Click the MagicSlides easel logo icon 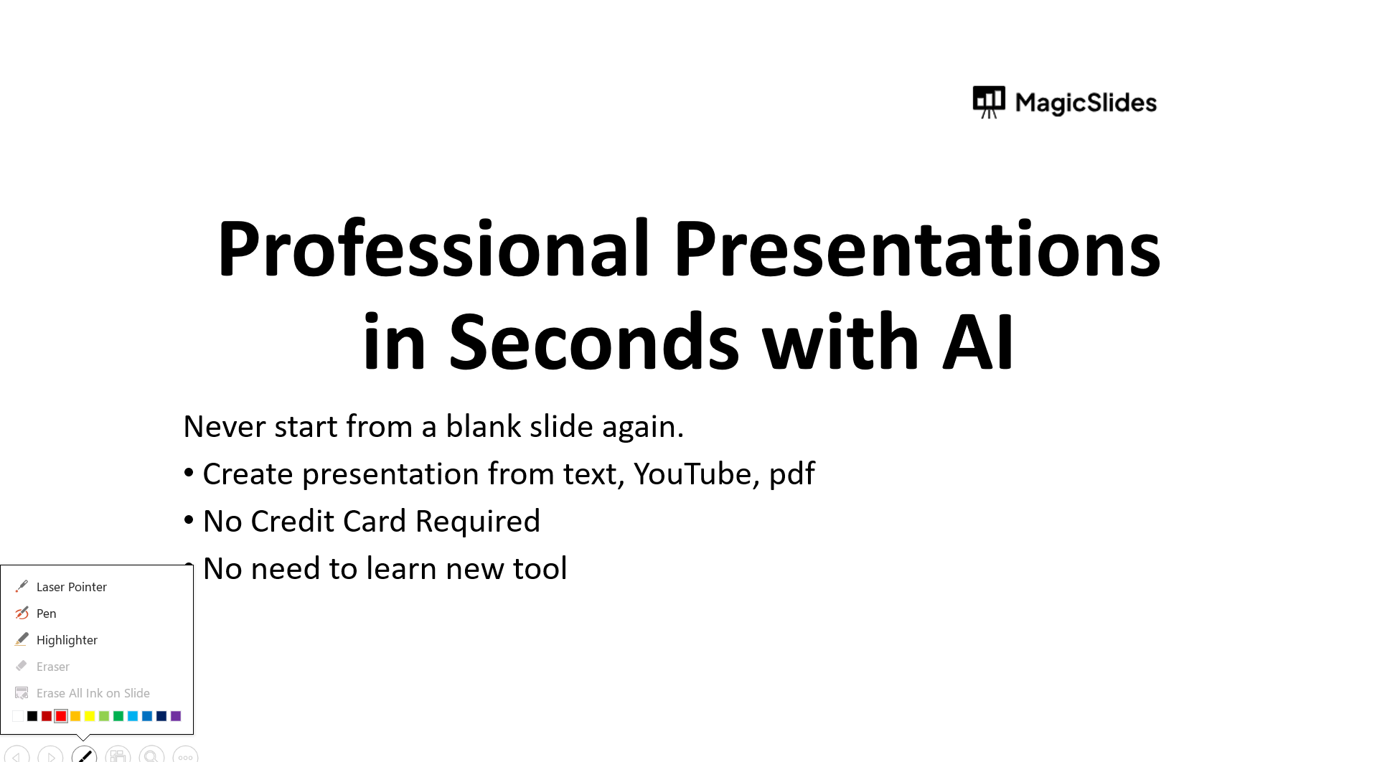tap(988, 102)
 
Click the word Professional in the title tap(434, 248)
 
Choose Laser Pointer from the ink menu tap(72, 587)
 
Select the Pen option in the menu tap(46, 613)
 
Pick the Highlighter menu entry tap(67, 640)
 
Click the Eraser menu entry tap(53, 667)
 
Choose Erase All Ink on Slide tap(93, 693)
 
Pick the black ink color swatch tap(32, 716)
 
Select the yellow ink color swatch tap(90, 716)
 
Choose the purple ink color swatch tap(176, 716)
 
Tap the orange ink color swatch tap(75, 716)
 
